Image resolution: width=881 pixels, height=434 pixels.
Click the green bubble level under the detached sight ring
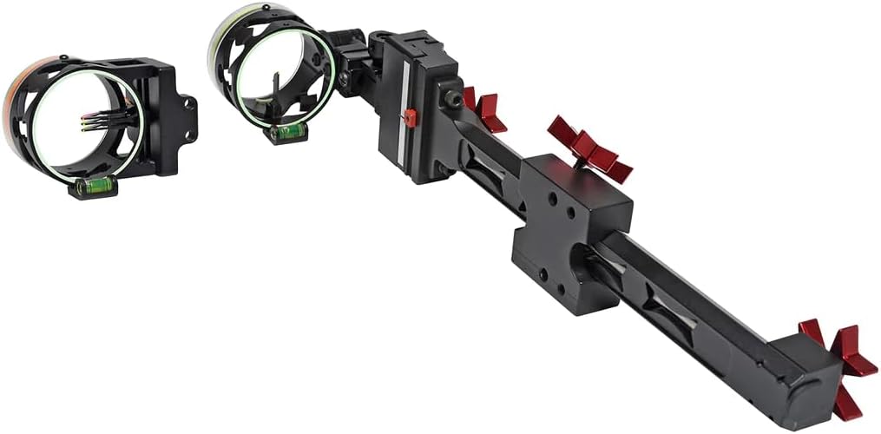(x=94, y=185)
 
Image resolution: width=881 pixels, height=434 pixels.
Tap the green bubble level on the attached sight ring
(x=288, y=132)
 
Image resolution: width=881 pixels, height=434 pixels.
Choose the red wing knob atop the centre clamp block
(x=590, y=149)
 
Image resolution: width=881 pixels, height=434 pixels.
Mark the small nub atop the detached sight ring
(x=63, y=59)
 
